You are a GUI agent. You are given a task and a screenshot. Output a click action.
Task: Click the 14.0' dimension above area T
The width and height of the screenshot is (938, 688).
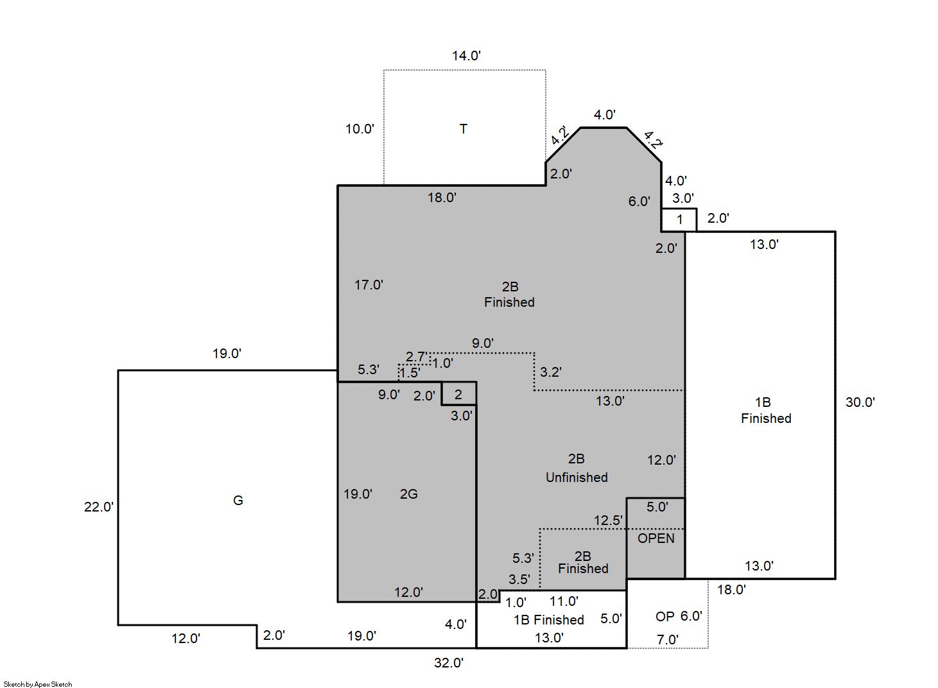click(x=466, y=56)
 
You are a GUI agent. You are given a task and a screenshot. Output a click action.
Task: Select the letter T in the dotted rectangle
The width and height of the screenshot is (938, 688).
click(x=463, y=129)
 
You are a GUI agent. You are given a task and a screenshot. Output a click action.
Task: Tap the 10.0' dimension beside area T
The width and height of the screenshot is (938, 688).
click(x=360, y=129)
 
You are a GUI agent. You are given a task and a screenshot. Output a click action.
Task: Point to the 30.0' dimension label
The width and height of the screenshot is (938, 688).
click(x=860, y=402)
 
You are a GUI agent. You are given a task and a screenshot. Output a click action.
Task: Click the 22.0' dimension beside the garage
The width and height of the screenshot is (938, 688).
click(x=99, y=507)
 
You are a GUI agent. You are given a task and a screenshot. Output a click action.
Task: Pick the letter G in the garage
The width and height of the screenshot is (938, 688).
click(x=238, y=500)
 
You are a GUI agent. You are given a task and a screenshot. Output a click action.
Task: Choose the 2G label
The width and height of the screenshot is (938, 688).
click(x=409, y=494)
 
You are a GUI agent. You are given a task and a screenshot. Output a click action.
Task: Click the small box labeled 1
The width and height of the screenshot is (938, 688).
click(x=679, y=219)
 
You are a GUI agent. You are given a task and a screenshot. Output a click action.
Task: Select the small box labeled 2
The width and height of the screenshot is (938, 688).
click(x=459, y=393)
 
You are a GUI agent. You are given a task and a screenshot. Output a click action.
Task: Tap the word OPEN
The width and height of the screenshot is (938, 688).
click(x=656, y=538)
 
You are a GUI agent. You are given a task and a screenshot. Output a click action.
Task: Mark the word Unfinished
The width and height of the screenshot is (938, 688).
click(x=577, y=477)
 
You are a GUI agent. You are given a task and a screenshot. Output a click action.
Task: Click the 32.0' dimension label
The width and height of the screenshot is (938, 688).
click(x=449, y=663)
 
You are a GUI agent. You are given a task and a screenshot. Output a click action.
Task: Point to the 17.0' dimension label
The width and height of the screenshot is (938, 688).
click(x=369, y=285)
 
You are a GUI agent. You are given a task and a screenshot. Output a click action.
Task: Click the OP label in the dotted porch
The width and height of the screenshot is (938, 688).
click(x=665, y=616)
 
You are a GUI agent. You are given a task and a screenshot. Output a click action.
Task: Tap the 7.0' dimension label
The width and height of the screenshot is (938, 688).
click(x=668, y=639)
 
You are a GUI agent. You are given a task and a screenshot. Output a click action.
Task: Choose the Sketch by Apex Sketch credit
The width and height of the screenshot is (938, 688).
click(x=38, y=684)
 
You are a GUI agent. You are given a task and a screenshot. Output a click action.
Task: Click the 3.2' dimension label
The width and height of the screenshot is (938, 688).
click(x=551, y=372)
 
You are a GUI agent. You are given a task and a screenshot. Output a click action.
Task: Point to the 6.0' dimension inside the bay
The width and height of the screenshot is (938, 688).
click(x=639, y=202)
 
